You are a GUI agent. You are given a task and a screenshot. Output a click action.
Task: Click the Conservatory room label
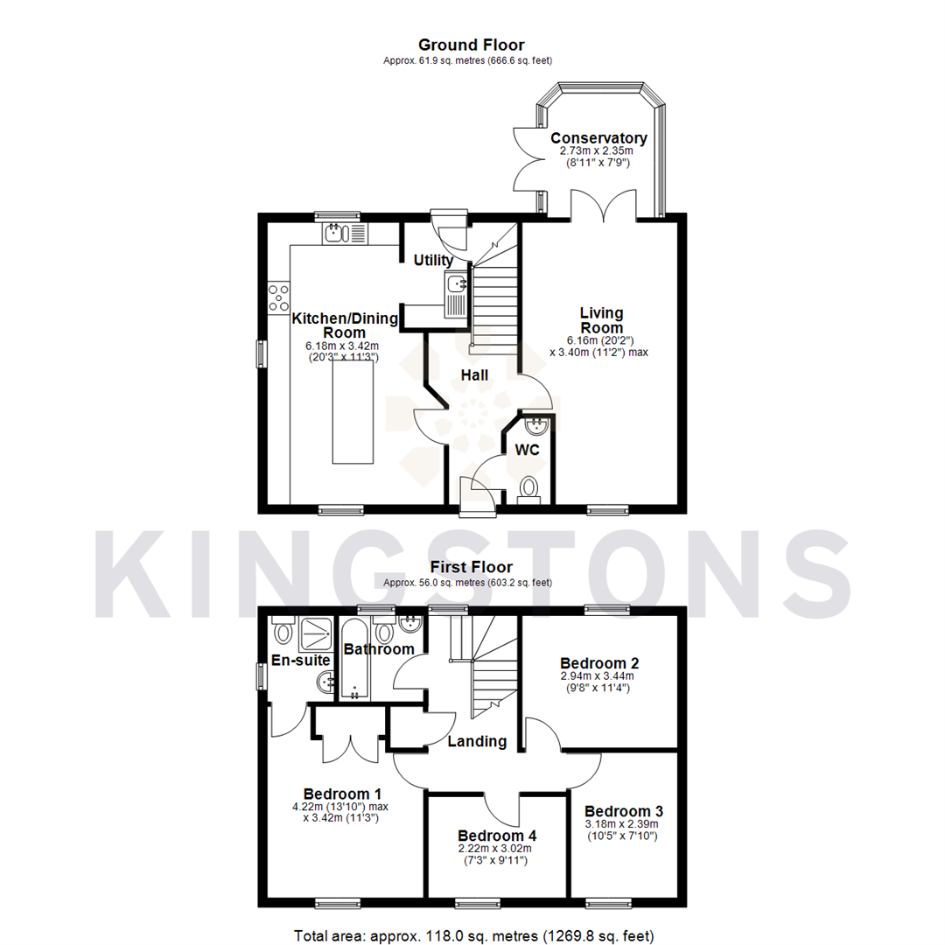click(598, 138)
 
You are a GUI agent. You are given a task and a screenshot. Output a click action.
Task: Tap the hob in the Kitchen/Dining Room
click(279, 298)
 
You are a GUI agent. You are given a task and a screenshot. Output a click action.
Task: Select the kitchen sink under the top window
click(339, 233)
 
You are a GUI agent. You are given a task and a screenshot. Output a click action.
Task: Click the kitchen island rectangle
click(353, 412)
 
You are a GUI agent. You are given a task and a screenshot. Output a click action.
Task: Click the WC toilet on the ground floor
click(529, 487)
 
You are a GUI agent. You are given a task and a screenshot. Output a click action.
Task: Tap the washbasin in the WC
click(536, 426)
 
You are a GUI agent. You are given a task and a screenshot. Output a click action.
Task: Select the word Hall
click(474, 375)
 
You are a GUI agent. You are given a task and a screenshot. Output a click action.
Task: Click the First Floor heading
click(471, 568)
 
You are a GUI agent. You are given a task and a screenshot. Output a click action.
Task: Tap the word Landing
click(477, 741)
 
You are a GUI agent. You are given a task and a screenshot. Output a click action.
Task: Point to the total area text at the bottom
click(473, 935)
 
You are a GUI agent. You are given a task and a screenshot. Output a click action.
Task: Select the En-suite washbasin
click(325, 682)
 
